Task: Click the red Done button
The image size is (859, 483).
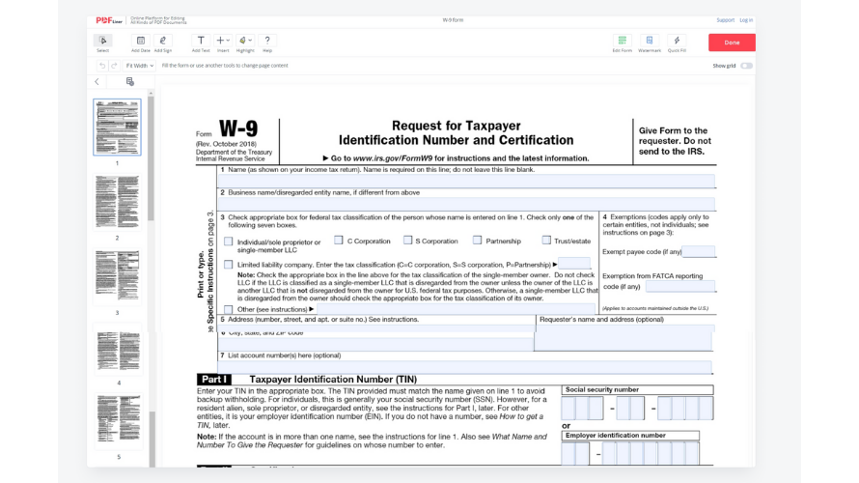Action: point(732,43)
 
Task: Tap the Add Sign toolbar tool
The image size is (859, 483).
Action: point(163,42)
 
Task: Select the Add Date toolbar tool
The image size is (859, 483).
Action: point(140,42)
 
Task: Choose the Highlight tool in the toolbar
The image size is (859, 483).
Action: point(245,42)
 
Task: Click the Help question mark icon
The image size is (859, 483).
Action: point(267,42)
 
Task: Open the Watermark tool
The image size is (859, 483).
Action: point(650,42)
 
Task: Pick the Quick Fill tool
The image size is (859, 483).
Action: point(677,42)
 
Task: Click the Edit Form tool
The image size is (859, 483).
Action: point(623,42)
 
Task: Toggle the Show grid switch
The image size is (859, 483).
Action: point(746,66)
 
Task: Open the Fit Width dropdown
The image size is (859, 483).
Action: point(140,66)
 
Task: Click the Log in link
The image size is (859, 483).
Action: point(746,19)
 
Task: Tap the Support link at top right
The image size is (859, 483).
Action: point(725,19)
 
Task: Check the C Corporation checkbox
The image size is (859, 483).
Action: point(339,241)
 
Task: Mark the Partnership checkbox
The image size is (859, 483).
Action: point(477,241)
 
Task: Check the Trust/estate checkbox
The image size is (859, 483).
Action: point(546,241)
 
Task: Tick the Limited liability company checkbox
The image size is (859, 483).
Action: point(229,264)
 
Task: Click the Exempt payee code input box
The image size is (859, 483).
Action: point(699,252)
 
